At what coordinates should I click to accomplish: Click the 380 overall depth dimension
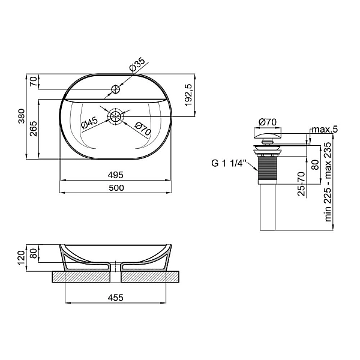click(22, 116)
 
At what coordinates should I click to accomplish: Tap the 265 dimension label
click(33, 128)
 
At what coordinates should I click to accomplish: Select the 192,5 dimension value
click(188, 95)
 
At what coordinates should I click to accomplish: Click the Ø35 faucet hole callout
click(137, 64)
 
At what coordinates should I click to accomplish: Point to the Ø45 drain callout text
click(89, 122)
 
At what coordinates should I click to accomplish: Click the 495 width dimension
click(116, 175)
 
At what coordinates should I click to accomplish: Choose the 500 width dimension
click(116, 188)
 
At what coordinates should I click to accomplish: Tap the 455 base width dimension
click(115, 298)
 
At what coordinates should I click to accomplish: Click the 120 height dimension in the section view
click(22, 258)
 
